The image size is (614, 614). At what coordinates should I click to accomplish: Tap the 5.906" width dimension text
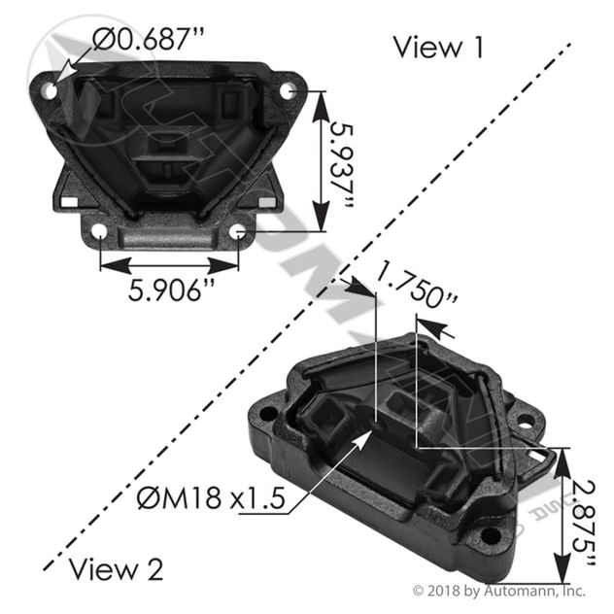click(171, 290)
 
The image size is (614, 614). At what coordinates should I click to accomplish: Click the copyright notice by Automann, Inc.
click(499, 590)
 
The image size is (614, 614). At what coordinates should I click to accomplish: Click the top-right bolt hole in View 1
click(288, 89)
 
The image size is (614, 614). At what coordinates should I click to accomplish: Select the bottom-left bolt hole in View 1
click(99, 231)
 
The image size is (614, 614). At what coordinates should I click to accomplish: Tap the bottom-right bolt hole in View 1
click(238, 231)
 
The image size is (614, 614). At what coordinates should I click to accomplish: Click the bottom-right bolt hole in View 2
click(493, 533)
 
